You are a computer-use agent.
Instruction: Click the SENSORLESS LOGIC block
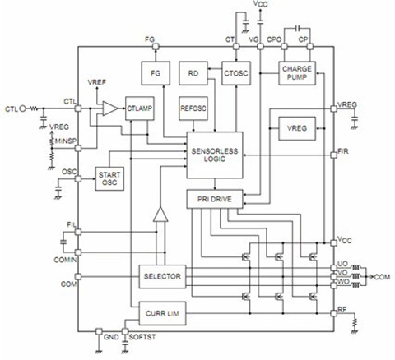215,155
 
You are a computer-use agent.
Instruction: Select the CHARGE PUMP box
297,73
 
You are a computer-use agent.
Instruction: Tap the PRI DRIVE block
215,199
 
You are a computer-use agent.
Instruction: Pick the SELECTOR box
162,276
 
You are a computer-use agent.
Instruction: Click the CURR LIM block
162,313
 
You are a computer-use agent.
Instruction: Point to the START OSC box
109,178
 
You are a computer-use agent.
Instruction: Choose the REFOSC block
193,108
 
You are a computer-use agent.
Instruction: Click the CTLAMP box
139,108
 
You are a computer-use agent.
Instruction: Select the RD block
193,73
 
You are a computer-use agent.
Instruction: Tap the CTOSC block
236,73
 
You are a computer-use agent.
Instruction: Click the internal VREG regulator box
297,128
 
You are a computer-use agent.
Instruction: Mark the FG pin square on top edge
156,47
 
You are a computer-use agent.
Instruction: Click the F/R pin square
333,155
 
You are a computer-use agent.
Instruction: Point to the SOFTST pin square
125,331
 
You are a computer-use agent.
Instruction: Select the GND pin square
99,331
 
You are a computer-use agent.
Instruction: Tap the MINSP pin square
78,149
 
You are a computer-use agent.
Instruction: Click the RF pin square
333,313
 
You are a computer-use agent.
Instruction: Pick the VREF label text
96,82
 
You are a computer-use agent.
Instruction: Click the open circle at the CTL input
23,108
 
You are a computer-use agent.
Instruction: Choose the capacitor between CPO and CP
297,28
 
